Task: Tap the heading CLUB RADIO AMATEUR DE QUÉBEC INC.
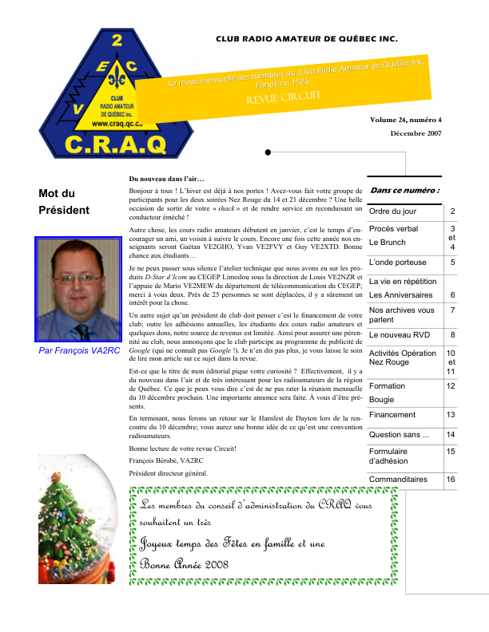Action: point(307,39)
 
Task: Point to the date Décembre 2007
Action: point(415,133)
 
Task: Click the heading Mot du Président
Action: point(64,202)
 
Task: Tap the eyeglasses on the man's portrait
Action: point(78,277)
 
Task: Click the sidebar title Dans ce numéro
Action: point(404,191)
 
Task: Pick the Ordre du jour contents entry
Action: point(392,211)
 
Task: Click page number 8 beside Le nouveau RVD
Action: point(452,336)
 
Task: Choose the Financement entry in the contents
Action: point(392,415)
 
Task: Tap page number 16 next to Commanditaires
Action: point(451,480)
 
